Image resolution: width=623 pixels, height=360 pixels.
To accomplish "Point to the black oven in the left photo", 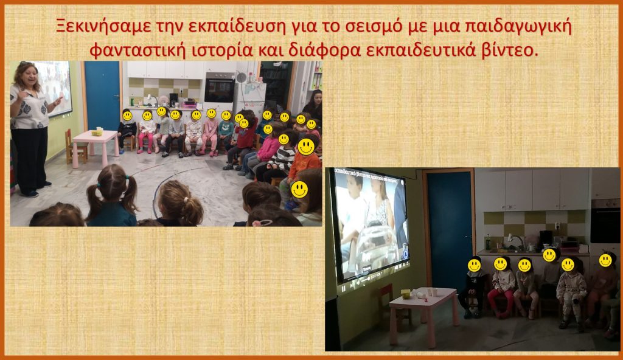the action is (x=219, y=88).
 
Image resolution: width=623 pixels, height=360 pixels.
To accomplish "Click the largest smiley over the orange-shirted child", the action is (x=306, y=147).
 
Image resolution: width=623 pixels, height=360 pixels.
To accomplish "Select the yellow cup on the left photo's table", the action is (x=97, y=132).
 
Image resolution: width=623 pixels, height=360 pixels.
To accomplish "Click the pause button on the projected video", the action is (x=344, y=289).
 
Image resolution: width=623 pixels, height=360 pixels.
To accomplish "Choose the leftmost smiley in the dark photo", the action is (x=475, y=265).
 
